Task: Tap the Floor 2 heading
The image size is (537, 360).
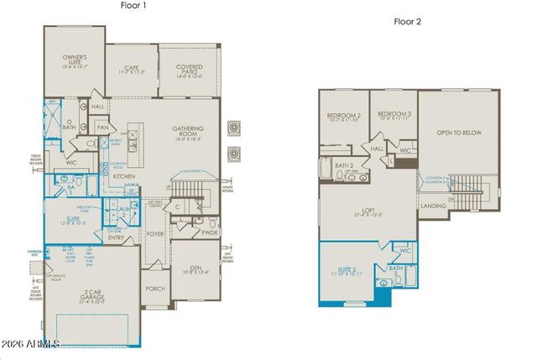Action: (x=407, y=20)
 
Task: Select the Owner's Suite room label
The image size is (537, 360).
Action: (x=75, y=60)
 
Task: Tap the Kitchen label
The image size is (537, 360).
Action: (x=124, y=177)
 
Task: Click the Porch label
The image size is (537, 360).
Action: (x=154, y=289)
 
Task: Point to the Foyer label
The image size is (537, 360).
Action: (x=155, y=234)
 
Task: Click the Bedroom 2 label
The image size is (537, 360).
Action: (x=345, y=117)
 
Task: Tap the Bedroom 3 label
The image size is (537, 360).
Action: (x=393, y=115)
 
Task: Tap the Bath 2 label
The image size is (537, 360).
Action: (x=344, y=166)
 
